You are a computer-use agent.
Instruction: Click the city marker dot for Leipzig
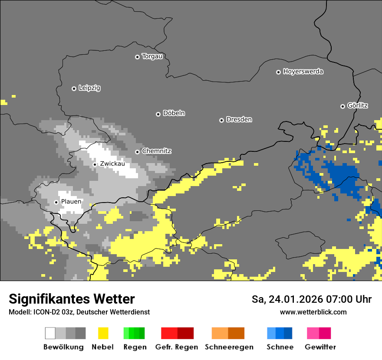(74, 88)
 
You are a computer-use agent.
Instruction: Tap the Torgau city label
(152, 56)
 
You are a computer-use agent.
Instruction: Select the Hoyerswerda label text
(303, 72)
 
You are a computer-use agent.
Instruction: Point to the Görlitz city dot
(342, 106)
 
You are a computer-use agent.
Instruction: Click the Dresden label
(239, 120)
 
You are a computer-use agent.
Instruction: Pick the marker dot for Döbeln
(158, 114)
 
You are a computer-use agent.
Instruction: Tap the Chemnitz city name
(156, 151)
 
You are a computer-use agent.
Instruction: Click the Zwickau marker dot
(95, 164)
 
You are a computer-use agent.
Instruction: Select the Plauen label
(71, 202)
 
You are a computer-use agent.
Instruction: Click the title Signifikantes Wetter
(72, 299)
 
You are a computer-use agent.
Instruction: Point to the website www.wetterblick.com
(313, 312)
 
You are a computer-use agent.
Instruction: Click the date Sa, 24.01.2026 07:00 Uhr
(311, 299)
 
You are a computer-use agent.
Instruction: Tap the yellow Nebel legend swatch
(103, 333)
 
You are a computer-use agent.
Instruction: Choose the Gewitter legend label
(320, 347)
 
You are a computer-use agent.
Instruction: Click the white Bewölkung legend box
(50, 333)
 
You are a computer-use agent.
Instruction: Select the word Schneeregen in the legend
(229, 347)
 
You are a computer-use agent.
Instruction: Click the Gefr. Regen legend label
(176, 347)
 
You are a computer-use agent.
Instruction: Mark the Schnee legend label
(280, 347)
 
